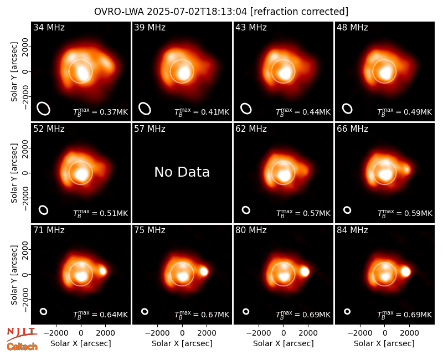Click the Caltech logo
pyautogui.click(x=22, y=347)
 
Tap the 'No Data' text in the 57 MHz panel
pyautogui.click(x=182, y=172)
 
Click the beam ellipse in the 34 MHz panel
pyautogui.click(x=44, y=109)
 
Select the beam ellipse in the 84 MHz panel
pyautogui.click(x=347, y=311)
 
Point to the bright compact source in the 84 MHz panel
pyautogui.click(x=405, y=271)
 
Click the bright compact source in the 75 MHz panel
pyautogui.click(x=204, y=271)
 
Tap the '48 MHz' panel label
pyautogui.click(x=352, y=27)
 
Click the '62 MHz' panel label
pyautogui.click(x=251, y=129)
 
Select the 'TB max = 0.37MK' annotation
pyautogui.click(x=101, y=112)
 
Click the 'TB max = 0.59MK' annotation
pyautogui.click(x=405, y=213)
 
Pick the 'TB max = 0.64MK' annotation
pyautogui.click(x=101, y=315)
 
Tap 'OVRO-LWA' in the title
pyautogui.click(x=119, y=12)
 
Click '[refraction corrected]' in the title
pyautogui.click(x=299, y=12)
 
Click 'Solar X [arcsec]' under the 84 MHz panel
pyautogui.click(x=384, y=343)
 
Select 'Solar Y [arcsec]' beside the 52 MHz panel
pyautogui.click(x=14, y=173)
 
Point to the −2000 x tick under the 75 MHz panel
pyautogui.click(x=157, y=333)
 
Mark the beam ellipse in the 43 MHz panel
pyautogui.click(x=246, y=109)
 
